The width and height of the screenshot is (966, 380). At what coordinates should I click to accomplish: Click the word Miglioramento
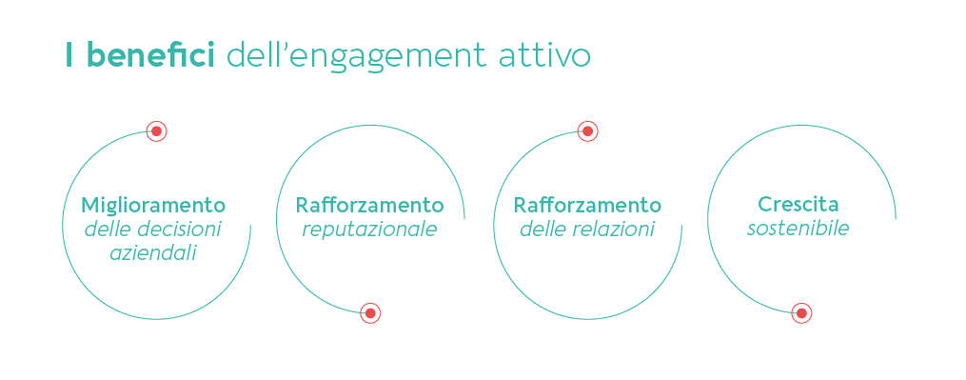(x=153, y=207)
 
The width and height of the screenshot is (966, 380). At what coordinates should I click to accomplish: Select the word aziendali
(x=153, y=253)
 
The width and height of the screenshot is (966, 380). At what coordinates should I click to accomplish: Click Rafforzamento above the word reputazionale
(x=369, y=207)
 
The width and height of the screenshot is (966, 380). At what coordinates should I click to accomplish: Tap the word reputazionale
(x=369, y=230)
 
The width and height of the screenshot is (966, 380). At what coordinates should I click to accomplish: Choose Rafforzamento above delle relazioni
(x=587, y=207)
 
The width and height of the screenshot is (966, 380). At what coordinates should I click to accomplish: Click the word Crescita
(x=798, y=205)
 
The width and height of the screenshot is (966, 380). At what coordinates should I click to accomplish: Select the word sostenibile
(x=798, y=230)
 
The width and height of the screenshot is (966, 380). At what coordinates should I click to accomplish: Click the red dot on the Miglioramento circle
(x=157, y=131)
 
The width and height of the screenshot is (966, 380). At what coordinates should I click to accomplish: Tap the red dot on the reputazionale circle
(x=370, y=312)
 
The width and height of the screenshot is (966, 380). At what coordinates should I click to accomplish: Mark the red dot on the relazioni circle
(x=587, y=131)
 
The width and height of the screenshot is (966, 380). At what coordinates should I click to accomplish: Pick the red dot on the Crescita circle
(x=801, y=312)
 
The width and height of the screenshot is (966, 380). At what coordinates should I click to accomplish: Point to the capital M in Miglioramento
(x=89, y=206)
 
